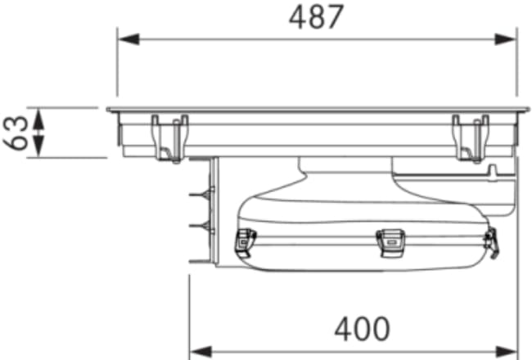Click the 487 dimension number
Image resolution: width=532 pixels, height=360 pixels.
(316, 17)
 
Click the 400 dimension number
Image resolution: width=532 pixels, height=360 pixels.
(362, 329)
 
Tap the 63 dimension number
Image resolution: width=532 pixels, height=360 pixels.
(16, 133)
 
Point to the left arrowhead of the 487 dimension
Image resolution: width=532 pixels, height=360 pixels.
(128, 39)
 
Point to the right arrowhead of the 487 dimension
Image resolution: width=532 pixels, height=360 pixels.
(506, 39)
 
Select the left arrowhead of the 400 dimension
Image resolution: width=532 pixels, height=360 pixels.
(201, 352)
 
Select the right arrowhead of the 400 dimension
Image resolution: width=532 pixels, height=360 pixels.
(507, 352)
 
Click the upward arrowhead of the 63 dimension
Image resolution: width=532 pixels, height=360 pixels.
(39, 119)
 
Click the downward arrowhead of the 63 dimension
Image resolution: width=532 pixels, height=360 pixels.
(39, 146)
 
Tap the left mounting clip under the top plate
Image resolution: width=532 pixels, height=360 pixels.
(170, 139)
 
